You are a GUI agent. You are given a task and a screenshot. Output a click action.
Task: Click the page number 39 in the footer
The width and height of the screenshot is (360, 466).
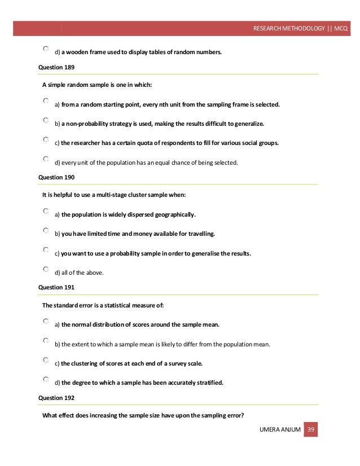click(x=311, y=430)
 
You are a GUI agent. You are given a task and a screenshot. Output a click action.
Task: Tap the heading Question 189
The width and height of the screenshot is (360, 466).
click(x=56, y=67)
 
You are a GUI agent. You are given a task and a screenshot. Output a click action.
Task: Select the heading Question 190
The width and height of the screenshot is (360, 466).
click(x=56, y=177)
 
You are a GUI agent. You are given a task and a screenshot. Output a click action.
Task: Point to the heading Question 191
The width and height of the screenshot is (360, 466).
click(x=56, y=287)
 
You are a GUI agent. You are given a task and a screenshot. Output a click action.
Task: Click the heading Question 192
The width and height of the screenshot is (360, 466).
click(x=56, y=398)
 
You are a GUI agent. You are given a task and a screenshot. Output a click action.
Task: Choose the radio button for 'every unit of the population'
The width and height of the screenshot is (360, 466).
click(x=46, y=160)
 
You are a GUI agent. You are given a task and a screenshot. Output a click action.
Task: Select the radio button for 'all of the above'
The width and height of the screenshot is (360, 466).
click(x=46, y=270)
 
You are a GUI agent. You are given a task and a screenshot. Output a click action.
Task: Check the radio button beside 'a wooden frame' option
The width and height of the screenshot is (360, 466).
click(x=46, y=50)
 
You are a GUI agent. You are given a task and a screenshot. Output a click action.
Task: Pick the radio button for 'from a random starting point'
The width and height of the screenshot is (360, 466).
click(x=46, y=102)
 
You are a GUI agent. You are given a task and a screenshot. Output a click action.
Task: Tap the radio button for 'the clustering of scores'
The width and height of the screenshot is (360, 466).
click(x=46, y=359)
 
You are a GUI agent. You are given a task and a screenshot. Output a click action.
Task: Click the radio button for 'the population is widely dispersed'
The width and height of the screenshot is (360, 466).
click(x=46, y=212)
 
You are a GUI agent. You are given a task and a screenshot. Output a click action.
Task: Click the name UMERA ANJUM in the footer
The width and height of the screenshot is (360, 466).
click(x=280, y=430)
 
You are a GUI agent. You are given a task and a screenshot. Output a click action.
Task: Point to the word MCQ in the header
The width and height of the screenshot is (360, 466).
click(x=341, y=28)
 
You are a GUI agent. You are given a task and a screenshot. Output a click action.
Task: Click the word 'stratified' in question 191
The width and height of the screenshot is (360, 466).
click(x=209, y=383)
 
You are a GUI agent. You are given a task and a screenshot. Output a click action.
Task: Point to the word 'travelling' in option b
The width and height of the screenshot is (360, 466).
click(x=200, y=234)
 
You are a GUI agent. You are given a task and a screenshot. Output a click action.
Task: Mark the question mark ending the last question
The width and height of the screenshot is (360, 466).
click(x=243, y=416)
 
